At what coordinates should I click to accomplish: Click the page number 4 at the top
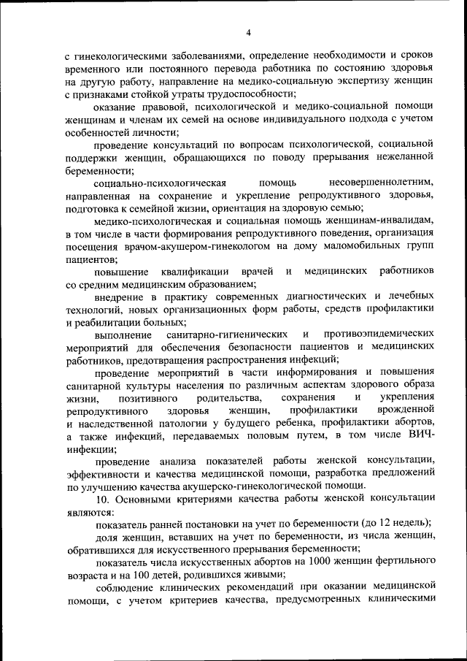coord(248,32)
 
